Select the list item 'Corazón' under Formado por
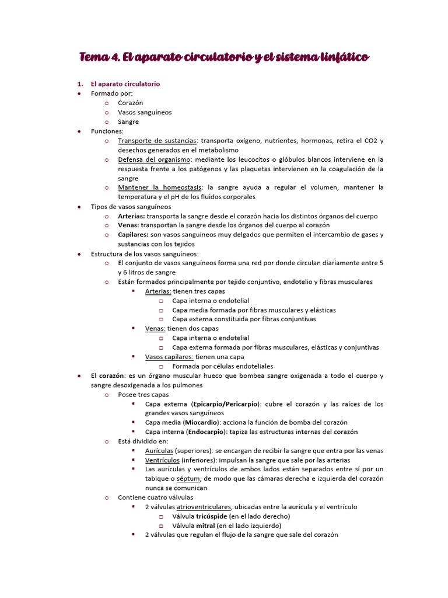(130, 103)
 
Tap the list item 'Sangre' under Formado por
(128, 121)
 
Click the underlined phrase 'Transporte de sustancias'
(157, 141)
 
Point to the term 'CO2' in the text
(370, 141)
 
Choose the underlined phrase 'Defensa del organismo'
(154, 159)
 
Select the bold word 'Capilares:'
(136, 235)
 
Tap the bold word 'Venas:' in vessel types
(128, 225)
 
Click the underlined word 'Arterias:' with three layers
(158, 291)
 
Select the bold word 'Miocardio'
(201, 422)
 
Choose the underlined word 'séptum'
(189, 478)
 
